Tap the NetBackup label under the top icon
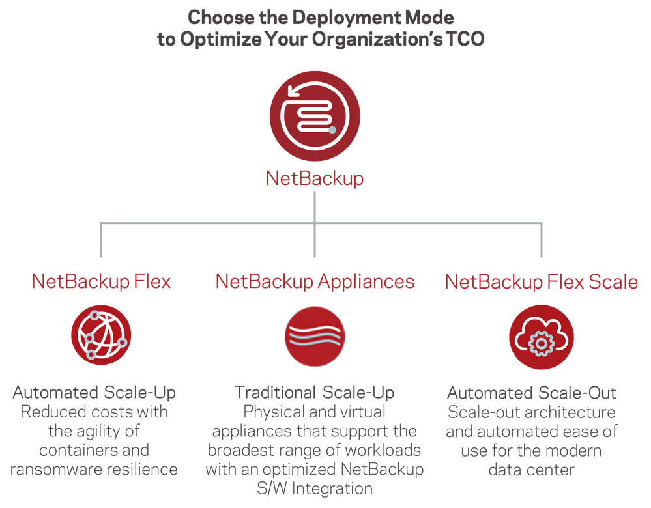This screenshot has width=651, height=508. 314,178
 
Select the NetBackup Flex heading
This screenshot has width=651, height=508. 101,281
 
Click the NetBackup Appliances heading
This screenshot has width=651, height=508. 315,281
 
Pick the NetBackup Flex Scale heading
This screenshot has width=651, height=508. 541,281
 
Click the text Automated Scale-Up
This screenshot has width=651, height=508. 94,393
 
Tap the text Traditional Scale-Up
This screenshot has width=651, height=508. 315,393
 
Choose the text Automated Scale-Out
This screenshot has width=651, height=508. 532,393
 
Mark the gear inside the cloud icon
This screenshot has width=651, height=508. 541,343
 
